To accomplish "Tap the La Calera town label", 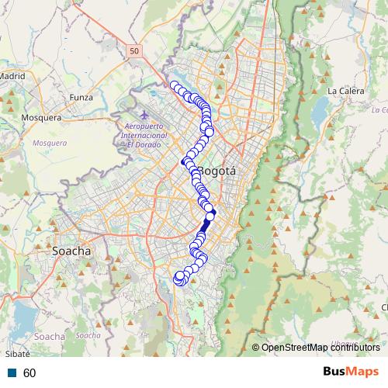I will click(x=346, y=91).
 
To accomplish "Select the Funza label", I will click(x=81, y=98).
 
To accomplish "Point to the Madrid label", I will click(x=12, y=77).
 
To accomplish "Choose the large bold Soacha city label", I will click(x=71, y=251).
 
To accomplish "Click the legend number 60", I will click(x=29, y=373).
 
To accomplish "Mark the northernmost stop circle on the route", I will click(x=175, y=85).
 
